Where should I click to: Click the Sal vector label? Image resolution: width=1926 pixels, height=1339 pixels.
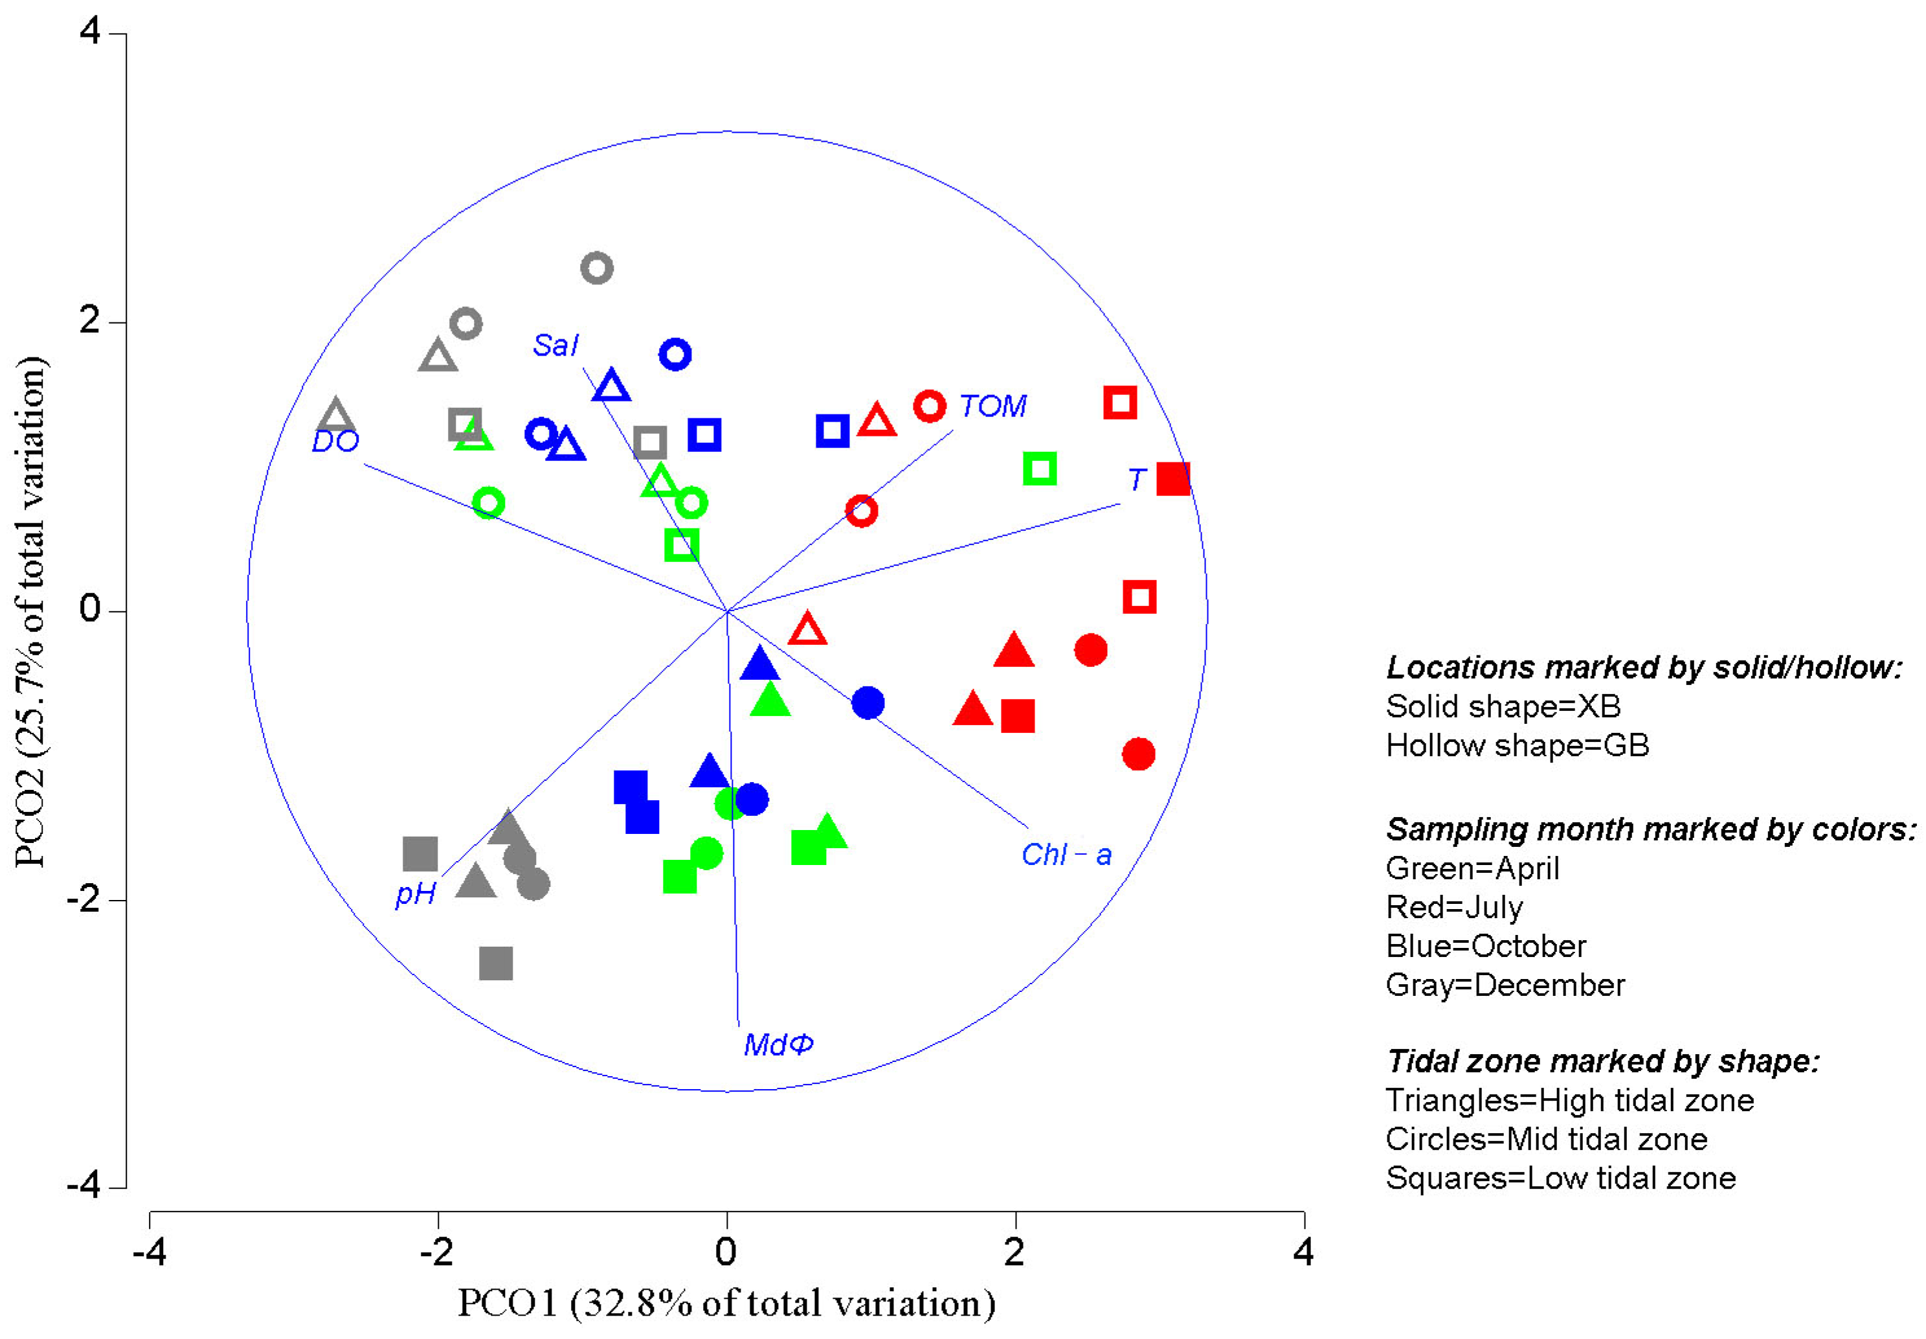[x=555, y=345]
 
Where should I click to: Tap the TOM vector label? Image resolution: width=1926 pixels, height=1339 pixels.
[x=992, y=406]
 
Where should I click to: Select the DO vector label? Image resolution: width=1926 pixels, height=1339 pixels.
[x=335, y=442]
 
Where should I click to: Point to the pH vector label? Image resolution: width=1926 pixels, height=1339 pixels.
[x=415, y=894]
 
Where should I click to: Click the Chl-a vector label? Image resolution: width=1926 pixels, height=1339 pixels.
[x=1066, y=855]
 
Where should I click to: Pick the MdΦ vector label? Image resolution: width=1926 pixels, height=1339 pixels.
[x=778, y=1044]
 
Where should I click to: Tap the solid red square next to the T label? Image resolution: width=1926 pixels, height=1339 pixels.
[x=1172, y=479]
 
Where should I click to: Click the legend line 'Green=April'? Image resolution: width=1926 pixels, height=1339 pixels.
[x=1472, y=868]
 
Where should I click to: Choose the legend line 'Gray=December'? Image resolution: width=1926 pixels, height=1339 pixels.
[x=1505, y=985]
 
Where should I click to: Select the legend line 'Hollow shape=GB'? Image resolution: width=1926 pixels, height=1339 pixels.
[x=1517, y=745]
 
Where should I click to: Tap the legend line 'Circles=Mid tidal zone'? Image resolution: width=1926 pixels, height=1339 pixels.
[x=1546, y=1140]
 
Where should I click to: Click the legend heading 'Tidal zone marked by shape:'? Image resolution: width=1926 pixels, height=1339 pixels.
[x=1602, y=1061]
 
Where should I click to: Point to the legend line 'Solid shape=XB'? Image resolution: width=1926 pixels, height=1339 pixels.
[x=1503, y=706]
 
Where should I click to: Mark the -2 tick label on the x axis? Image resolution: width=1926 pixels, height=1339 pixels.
[x=436, y=1253]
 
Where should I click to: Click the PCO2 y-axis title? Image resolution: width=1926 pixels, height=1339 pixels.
[x=31, y=611]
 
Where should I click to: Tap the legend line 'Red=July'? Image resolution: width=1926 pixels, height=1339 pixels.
[x=1454, y=907]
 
